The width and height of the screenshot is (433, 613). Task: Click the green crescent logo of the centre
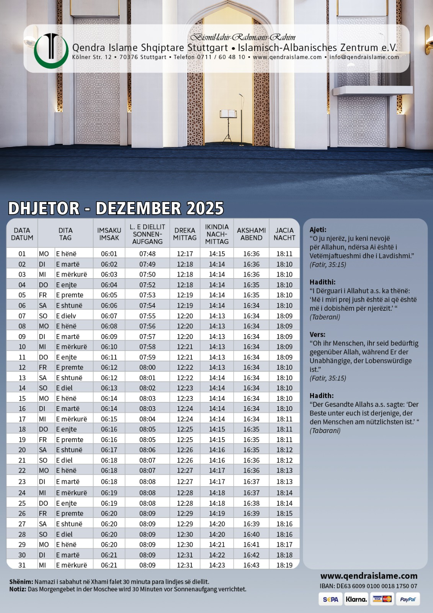click(51, 51)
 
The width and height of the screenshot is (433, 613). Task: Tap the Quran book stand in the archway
click(228, 114)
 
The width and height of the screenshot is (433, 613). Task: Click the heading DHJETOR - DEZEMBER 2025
click(116, 208)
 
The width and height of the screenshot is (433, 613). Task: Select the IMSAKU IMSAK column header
click(109, 234)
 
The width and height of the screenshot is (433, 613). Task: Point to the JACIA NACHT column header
click(284, 234)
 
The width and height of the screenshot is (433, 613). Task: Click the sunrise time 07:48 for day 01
click(147, 254)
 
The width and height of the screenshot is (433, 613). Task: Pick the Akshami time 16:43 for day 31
click(251, 565)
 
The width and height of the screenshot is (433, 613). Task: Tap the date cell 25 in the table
click(22, 503)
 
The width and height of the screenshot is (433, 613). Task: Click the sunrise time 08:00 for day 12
click(147, 367)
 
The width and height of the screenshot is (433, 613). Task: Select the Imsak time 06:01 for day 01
click(109, 254)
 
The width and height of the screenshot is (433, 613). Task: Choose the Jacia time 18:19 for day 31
click(284, 565)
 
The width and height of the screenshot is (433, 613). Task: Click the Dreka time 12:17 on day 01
click(185, 254)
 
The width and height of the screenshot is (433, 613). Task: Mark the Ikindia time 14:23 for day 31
click(217, 565)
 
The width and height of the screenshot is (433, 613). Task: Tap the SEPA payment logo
click(330, 599)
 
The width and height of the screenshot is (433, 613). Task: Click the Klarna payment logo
click(356, 599)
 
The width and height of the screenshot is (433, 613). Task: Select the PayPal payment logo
click(407, 599)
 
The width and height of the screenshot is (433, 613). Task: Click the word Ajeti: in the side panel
click(318, 230)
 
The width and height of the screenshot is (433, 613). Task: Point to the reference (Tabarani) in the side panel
click(325, 431)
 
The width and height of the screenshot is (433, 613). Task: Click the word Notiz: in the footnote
click(18, 589)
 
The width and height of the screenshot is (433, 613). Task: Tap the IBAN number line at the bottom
click(368, 586)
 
